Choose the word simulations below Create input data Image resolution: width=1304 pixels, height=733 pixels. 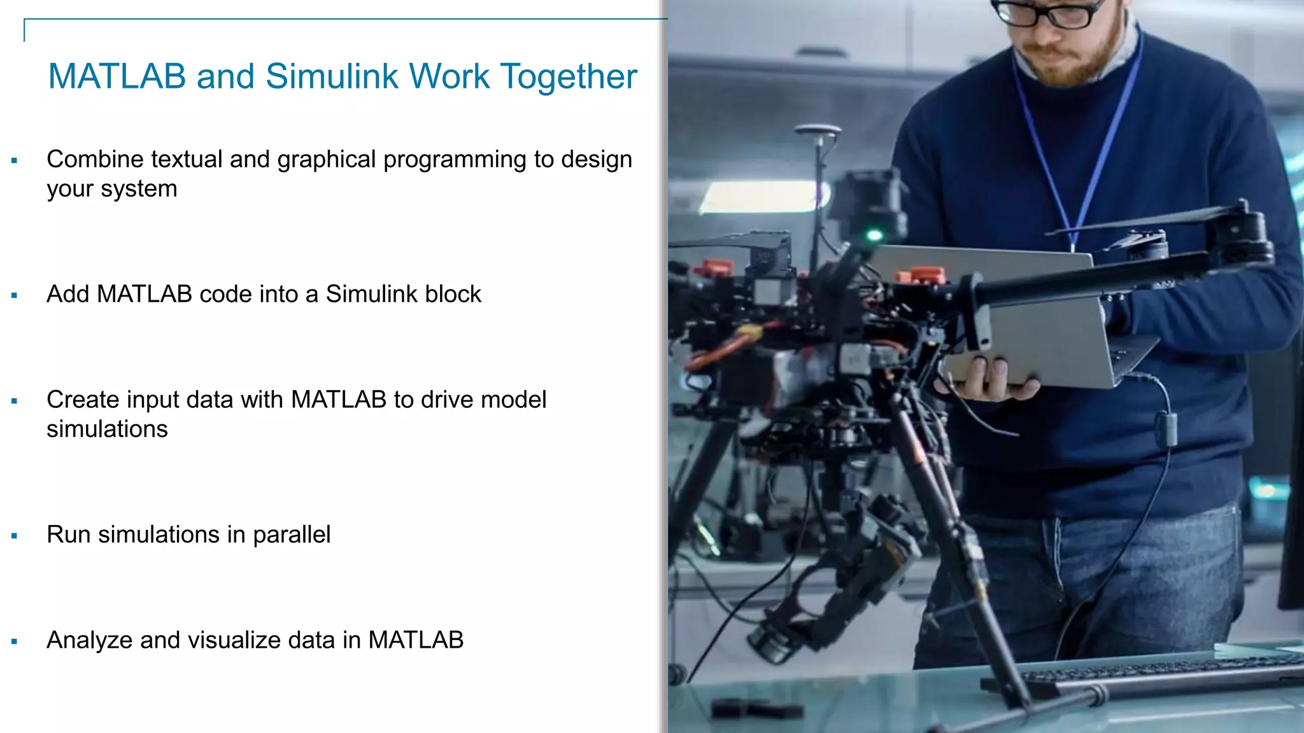pos(107,429)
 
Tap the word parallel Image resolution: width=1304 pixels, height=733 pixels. pos(292,535)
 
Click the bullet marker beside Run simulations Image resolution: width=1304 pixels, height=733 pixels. pos(14,536)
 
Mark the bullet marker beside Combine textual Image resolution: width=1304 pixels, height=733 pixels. pos(14,161)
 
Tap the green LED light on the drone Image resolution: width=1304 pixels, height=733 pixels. pos(875,235)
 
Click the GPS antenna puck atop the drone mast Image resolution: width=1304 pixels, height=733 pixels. pos(818,131)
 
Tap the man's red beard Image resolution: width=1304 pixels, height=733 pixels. pos(1076,64)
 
